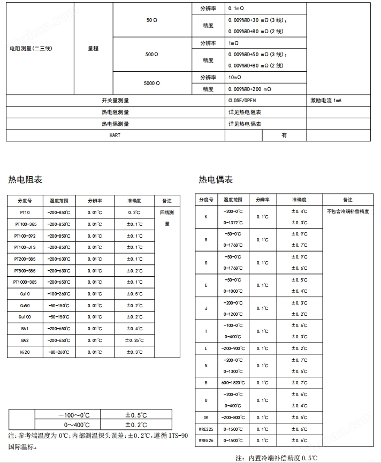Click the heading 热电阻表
click(x=25, y=179)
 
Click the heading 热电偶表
click(x=216, y=179)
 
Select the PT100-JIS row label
click(x=25, y=247)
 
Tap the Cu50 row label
click(x=25, y=306)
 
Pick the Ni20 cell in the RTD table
click(x=25, y=352)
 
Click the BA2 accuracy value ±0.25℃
click(x=134, y=340)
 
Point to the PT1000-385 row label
click(x=25, y=282)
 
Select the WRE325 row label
click(x=206, y=429)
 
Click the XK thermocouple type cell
click(x=206, y=418)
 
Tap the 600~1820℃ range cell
click(x=233, y=383)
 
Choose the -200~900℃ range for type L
click(x=233, y=348)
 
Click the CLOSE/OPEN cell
click(x=241, y=101)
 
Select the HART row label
click(x=115, y=135)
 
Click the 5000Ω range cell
click(x=152, y=84)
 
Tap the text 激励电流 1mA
click(x=325, y=101)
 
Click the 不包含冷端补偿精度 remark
click(x=348, y=211)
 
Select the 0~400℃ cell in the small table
click(x=67, y=425)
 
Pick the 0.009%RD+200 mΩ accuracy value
click(x=249, y=89)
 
